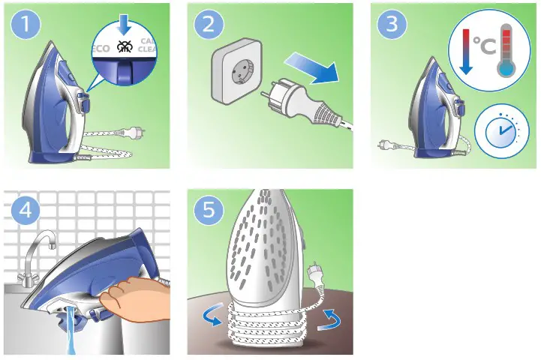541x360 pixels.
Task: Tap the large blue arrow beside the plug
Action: click(x=312, y=68)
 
